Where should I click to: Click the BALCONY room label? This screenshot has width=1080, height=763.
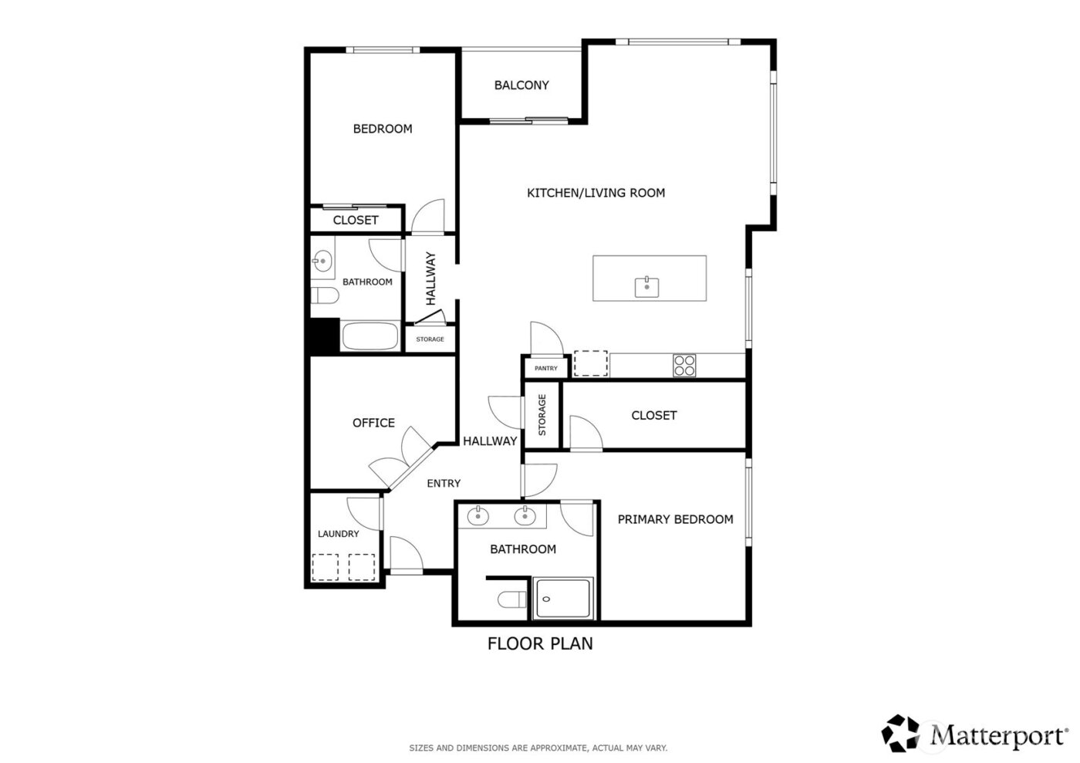[521, 86]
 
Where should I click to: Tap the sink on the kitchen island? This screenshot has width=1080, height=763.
[646, 288]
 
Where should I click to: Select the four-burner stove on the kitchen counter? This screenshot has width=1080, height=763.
[684, 365]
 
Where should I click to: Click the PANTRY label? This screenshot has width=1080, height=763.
[546, 369]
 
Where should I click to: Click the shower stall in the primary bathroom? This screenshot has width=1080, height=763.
[564, 599]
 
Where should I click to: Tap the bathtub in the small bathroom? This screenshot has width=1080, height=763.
[370, 337]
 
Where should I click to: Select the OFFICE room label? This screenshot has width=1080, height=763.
[373, 423]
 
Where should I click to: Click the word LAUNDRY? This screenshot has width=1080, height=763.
[339, 534]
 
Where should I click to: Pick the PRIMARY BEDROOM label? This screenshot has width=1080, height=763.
[675, 519]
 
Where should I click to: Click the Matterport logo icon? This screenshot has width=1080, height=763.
[902, 733]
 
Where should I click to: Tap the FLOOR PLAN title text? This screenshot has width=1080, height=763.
[540, 643]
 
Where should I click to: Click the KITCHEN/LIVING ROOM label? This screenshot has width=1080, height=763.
[596, 193]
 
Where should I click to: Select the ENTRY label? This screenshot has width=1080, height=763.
[444, 484]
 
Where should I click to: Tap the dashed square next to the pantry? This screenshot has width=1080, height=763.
[591, 364]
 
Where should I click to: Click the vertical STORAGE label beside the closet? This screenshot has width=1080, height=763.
[542, 415]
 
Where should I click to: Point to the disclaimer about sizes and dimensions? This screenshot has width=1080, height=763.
[538, 748]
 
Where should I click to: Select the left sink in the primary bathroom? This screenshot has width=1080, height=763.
[478, 515]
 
